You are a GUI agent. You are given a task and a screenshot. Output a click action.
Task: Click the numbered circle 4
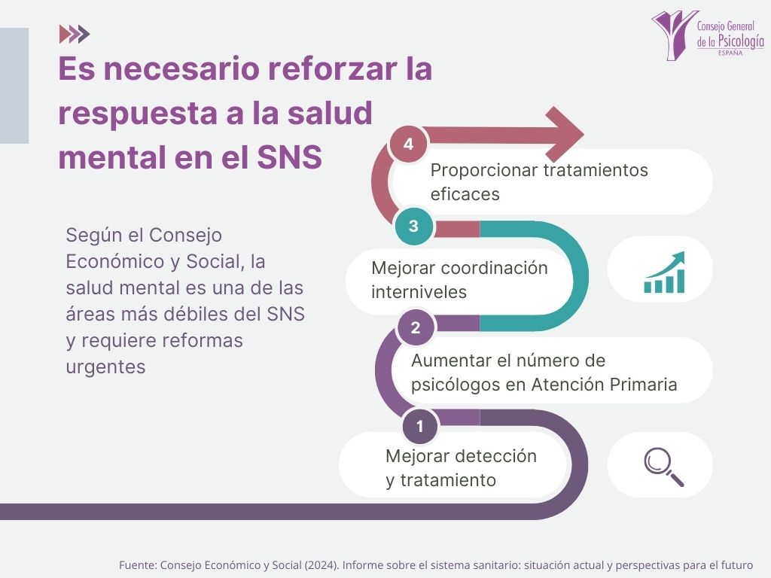[x=408, y=144]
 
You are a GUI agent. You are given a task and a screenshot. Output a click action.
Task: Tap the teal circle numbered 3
[x=413, y=226]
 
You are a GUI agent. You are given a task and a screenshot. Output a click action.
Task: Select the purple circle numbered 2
[x=416, y=327]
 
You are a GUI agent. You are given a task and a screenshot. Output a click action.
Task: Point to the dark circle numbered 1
[x=420, y=426]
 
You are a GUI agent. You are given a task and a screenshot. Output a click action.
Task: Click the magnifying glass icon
[x=663, y=467]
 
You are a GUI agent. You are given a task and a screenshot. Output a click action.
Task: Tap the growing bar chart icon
[x=664, y=272]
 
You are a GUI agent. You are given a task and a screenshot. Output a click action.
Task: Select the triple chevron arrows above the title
[x=75, y=34]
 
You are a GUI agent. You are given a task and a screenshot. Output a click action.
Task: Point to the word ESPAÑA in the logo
[x=730, y=53]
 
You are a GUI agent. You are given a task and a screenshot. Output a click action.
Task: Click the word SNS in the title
[x=289, y=157]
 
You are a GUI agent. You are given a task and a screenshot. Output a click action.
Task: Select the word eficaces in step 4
[x=465, y=194]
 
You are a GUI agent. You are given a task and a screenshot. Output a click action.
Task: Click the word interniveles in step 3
[x=419, y=292]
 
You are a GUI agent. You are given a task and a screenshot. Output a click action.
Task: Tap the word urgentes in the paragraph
[x=105, y=367]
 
